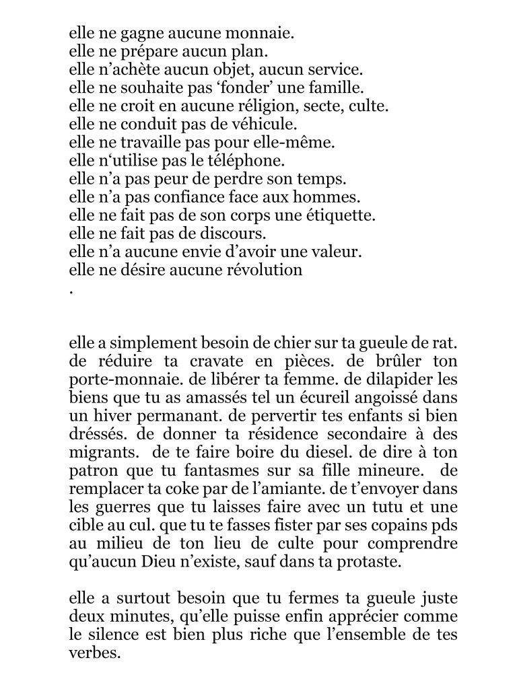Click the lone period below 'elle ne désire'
point(71,292)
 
